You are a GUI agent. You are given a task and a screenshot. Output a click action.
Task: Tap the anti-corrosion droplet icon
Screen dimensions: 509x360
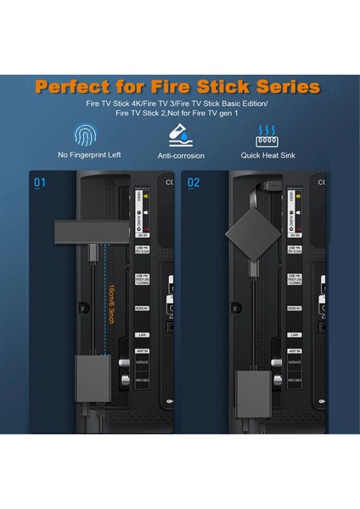pos(180,134)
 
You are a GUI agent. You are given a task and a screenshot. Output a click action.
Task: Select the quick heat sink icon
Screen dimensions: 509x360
pos(269,135)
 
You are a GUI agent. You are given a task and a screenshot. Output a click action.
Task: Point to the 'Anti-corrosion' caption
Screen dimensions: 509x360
pos(181,156)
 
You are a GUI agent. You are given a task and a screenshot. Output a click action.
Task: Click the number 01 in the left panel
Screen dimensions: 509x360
pos(40,182)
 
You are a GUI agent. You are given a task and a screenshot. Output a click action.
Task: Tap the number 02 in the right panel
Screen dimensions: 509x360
pos(193,182)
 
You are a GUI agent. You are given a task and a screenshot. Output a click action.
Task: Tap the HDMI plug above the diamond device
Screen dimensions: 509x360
pos(252,188)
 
